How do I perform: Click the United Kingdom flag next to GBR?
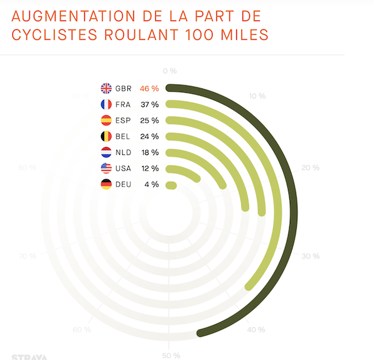coord(106,88)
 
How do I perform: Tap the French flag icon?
coord(106,105)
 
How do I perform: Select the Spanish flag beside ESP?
coord(106,120)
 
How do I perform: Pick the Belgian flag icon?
coord(106,136)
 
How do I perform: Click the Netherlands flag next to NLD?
coord(106,153)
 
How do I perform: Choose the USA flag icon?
coord(106,168)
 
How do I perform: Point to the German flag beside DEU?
coord(106,184)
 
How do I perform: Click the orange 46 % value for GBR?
coord(149,88)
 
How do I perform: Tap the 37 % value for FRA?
coord(149,105)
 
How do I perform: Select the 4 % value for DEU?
coord(151,184)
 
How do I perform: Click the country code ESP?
coord(123,120)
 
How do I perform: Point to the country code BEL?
coord(123,136)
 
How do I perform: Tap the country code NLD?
coord(123,153)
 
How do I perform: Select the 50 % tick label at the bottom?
coord(170,355)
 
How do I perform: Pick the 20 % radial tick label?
coord(310,168)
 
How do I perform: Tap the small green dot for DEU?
coord(172,185)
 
